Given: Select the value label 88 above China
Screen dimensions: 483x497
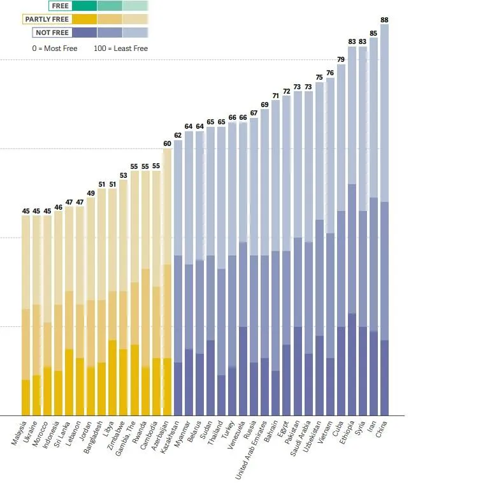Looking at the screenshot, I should pos(384,20).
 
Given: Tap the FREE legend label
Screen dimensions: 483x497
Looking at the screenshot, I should pos(60,6).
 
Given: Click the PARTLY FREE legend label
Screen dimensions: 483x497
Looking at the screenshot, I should pos(47,19).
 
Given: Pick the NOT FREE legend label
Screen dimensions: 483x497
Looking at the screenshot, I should pos(52,32).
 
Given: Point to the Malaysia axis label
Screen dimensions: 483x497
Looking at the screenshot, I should pos(19,433).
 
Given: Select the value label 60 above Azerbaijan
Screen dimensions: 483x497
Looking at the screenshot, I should pos(167,144).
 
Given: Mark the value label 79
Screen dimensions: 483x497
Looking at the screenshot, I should pos(341,60).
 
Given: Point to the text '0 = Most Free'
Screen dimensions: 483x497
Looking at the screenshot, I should pos(54,48).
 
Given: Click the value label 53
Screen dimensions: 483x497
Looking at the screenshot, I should pos(123,175).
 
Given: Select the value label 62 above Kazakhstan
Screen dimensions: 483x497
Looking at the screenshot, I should pos(178,135).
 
